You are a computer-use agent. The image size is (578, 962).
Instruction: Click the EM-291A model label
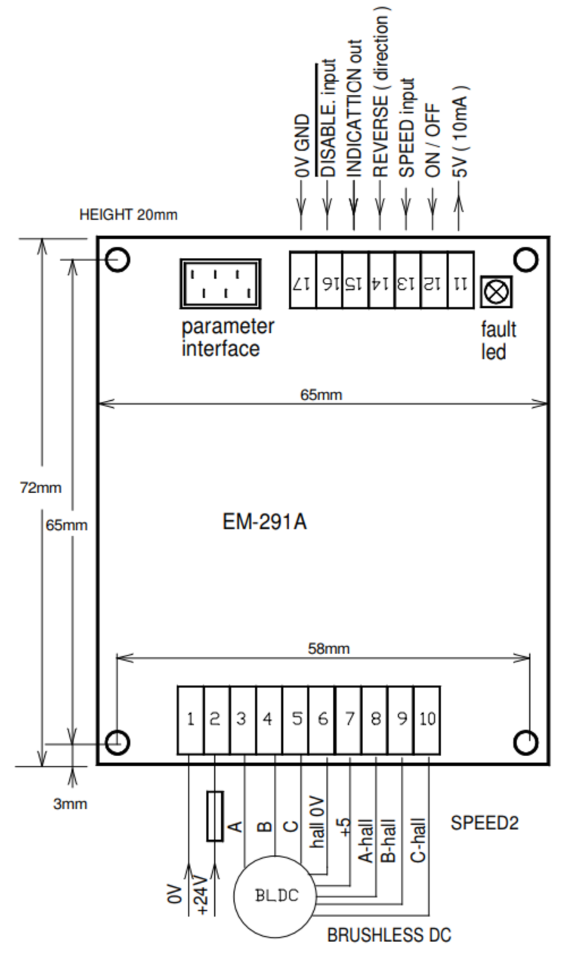click(264, 521)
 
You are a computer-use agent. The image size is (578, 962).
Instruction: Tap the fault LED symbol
click(496, 292)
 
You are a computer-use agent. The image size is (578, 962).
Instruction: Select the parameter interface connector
click(220, 284)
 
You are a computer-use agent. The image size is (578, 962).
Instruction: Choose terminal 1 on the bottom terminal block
click(191, 719)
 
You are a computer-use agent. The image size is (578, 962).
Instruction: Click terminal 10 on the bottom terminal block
click(427, 719)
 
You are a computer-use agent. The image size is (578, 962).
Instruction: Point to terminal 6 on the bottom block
click(322, 719)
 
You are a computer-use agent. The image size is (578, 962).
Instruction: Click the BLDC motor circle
click(276, 895)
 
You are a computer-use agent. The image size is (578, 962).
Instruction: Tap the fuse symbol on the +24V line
click(215, 816)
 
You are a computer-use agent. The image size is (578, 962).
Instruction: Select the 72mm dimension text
click(41, 487)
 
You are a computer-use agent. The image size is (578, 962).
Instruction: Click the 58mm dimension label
click(328, 648)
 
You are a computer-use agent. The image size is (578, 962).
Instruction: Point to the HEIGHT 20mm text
click(128, 215)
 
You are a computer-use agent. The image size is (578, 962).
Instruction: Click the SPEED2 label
click(484, 823)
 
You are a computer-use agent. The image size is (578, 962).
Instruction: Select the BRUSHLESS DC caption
click(389, 935)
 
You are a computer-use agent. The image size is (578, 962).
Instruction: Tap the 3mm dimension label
click(70, 804)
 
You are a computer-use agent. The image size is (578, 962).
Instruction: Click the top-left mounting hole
click(118, 260)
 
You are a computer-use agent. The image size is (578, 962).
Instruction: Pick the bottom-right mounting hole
click(526, 742)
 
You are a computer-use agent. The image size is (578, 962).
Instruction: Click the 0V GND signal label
click(302, 146)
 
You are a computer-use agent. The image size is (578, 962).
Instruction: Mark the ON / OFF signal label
click(434, 141)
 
